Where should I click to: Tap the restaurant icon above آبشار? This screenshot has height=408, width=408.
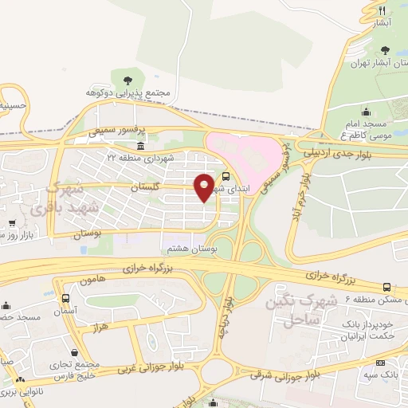coord(382,10)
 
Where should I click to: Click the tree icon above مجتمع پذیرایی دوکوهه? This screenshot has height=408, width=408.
coord(127,78)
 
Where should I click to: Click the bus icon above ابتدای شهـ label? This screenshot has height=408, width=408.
coord(226,176)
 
